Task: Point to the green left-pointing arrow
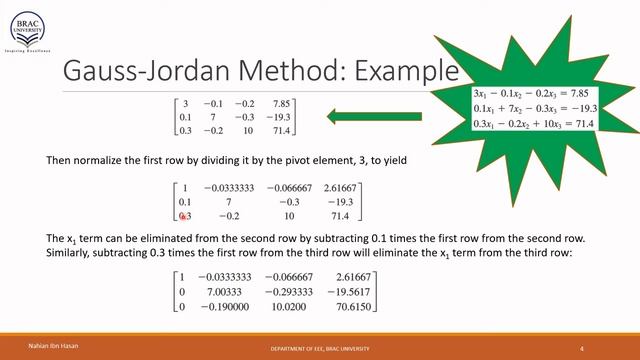[375, 118]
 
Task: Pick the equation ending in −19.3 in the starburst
[534, 107]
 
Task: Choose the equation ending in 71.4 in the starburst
[534, 122]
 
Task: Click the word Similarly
[70, 255]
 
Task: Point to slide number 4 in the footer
[582, 347]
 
